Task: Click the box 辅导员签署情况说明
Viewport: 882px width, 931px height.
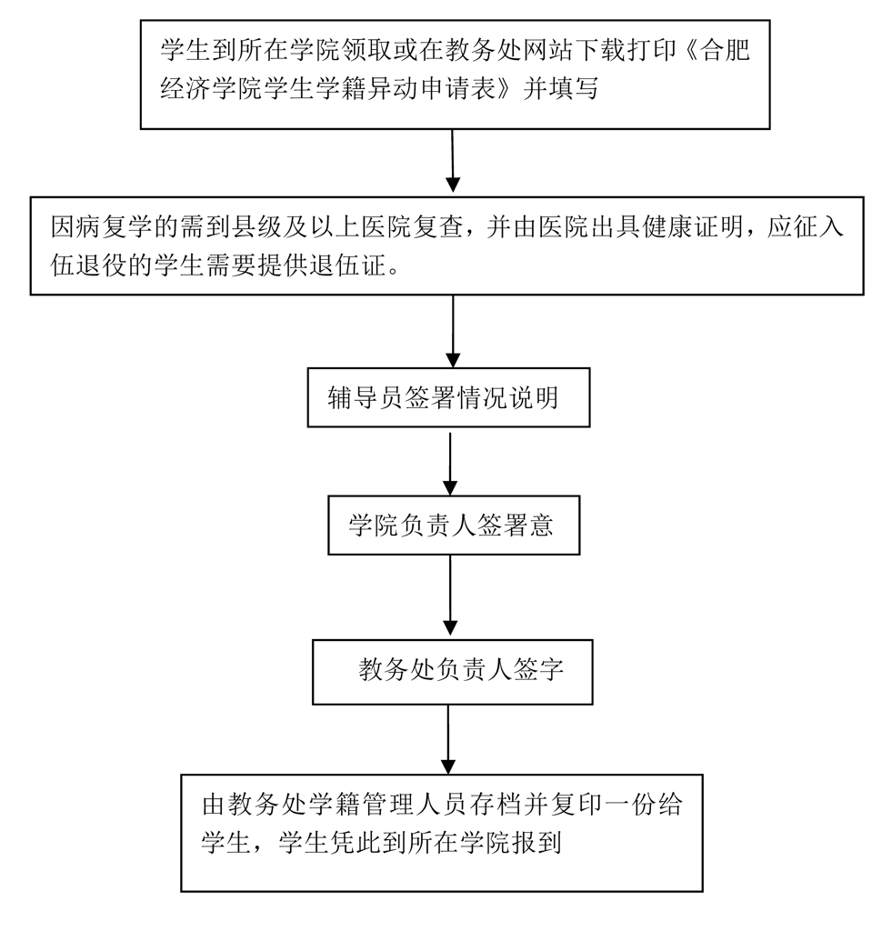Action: coord(449,398)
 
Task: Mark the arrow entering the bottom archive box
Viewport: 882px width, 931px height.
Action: coord(447,737)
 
